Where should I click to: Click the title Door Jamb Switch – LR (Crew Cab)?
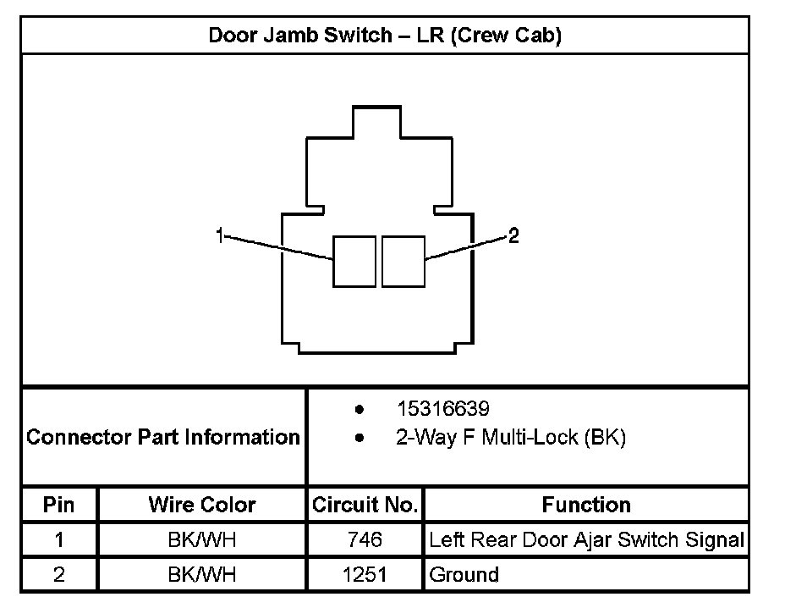[385, 36]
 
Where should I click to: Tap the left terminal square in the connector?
[354, 261]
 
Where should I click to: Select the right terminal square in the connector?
[403, 261]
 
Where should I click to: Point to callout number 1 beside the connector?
[220, 235]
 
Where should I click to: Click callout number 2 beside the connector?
[513, 235]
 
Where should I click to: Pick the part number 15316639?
[442, 410]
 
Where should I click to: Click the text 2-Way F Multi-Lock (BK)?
[510, 438]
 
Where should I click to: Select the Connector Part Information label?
[163, 438]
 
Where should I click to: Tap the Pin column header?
[58, 505]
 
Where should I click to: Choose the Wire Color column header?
[202, 505]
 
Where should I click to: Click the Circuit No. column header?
[365, 505]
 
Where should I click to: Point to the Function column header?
[586, 505]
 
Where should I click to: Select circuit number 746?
[365, 539]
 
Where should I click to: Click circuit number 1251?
[365, 575]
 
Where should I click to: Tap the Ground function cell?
[464, 575]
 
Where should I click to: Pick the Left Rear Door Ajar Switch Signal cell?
[586, 539]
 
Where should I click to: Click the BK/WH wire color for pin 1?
[202, 539]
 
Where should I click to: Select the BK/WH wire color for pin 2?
[202, 575]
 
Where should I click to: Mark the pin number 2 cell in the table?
[58, 575]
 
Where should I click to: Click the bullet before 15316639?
[360, 410]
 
